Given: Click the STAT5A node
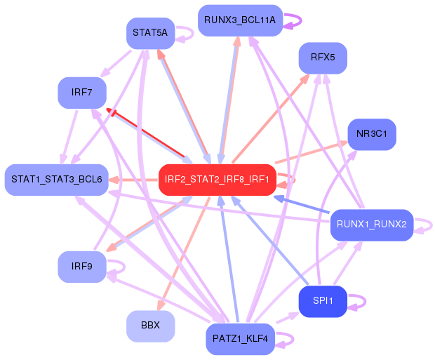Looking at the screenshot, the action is pos(150,33).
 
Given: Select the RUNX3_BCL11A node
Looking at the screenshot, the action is pos(240,20).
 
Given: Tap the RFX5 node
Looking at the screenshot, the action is pos(323,58).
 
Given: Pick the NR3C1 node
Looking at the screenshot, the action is pos(372,134).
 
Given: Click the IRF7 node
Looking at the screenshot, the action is pos(81,93).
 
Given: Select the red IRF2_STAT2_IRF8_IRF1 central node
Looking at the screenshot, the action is pos(217,180).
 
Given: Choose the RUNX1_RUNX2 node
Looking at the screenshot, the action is pos(372,225).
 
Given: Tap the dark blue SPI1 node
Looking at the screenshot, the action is pos(323,301).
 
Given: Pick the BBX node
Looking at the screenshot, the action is pos(150,326).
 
